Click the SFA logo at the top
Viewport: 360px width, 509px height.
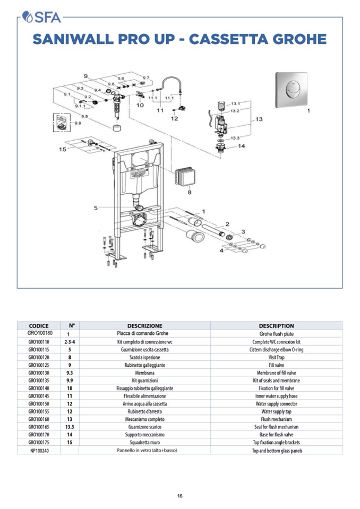[42, 18]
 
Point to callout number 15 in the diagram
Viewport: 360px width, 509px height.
[63, 149]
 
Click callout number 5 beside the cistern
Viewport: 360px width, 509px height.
[96, 208]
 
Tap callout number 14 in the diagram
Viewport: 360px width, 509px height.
[241, 146]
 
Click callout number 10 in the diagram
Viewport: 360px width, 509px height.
[140, 105]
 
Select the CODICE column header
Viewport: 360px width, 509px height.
[39, 326]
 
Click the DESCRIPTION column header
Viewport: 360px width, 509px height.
[276, 326]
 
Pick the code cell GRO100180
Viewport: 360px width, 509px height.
[39, 333]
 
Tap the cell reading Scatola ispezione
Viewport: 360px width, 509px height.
[144, 358]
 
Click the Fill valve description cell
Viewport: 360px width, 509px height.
[276, 366]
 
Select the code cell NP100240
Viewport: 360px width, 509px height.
[39, 451]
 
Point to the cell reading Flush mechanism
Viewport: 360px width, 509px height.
[276, 419]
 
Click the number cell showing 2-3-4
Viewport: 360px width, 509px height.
[69, 342]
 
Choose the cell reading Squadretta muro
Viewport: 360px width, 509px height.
[144, 442]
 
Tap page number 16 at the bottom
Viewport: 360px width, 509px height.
[180, 496]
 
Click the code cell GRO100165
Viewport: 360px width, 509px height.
[39, 427]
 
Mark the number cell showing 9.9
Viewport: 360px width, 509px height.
[69, 381]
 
